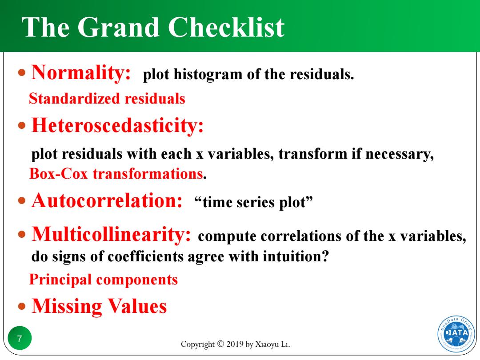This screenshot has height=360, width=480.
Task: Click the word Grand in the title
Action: coord(118,27)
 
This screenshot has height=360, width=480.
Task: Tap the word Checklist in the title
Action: coord(226,27)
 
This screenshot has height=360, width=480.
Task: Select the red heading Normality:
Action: coord(81,73)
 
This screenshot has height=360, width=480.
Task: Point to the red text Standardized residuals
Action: coord(107,99)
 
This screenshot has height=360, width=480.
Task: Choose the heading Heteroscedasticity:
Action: coord(117,126)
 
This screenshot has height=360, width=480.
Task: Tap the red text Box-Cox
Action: coord(59,174)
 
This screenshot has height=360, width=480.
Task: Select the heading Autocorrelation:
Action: coord(107,200)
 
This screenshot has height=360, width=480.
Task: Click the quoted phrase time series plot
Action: coord(253,202)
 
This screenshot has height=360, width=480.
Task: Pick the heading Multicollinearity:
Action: coord(111,235)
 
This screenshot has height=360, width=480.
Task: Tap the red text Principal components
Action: coord(104,280)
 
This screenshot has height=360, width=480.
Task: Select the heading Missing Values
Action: coord(99,306)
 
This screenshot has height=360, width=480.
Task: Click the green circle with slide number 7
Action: coord(20,338)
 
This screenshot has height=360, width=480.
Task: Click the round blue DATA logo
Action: coord(456,334)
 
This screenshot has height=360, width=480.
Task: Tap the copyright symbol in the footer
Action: coord(220,344)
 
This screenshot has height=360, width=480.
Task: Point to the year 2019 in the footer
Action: coord(235,344)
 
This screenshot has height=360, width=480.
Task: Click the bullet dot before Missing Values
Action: coord(22,306)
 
